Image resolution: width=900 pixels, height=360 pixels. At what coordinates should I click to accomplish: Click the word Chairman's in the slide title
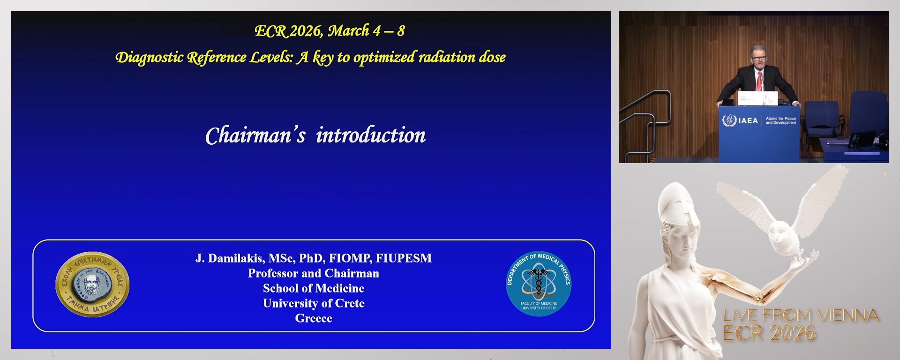[x=255, y=136]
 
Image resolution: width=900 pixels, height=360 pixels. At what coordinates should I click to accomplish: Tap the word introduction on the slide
[x=370, y=135]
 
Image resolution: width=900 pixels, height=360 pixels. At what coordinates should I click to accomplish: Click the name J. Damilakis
[x=230, y=258]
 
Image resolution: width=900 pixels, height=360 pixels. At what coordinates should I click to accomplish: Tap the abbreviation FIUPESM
[x=404, y=258]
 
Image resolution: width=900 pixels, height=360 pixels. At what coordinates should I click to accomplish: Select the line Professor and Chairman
[x=314, y=273]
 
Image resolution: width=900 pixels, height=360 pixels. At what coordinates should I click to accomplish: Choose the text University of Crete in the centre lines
[x=314, y=303]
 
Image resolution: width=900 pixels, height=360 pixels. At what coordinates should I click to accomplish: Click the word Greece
[x=314, y=318]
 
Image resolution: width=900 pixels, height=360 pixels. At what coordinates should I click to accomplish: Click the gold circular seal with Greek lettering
[x=92, y=284]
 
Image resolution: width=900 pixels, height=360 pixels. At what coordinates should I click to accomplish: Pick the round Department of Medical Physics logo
[x=539, y=283]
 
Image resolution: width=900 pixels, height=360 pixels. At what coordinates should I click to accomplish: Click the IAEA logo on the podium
[x=741, y=120]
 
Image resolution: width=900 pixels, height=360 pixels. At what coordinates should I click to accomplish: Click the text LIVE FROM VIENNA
[x=801, y=315]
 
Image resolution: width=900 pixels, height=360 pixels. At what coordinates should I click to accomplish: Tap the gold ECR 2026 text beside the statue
[x=769, y=333]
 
